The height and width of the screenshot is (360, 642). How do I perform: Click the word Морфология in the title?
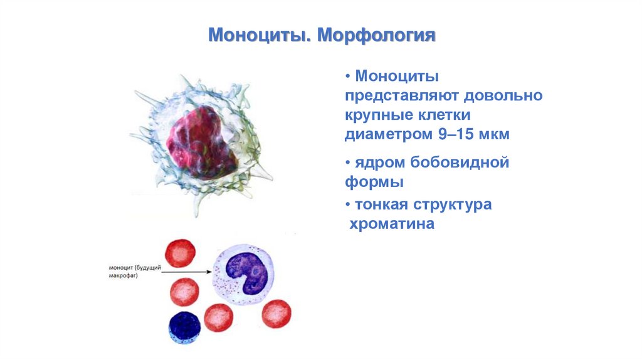[x=376, y=35]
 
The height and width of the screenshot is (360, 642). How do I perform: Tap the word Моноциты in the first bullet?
[x=397, y=76]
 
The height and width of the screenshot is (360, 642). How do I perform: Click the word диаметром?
[x=389, y=134]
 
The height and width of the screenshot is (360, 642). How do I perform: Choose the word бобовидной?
[x=460, y=162]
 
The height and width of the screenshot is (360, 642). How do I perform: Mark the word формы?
[x=374, y=182]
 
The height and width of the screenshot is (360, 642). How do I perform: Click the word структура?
[x=453, y=204]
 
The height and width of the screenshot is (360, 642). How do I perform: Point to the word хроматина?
[x=392, y=224]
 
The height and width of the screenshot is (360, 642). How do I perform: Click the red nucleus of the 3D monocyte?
[x=201, y=142]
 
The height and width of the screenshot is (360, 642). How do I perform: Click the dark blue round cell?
[x=185, y=328]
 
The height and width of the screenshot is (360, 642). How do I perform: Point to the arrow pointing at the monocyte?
[x=187, y=272]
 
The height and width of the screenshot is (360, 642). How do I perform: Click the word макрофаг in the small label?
[x=123, y=275]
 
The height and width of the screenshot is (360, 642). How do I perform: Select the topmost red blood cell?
[x=180, y=253]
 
